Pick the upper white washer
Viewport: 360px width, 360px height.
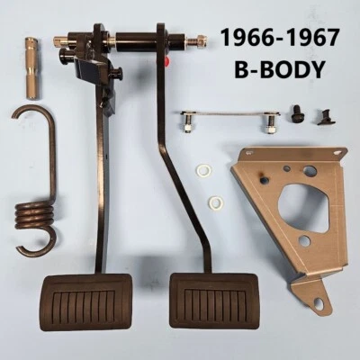click(x=204, y=170)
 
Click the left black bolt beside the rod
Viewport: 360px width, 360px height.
click(x=301, y=114)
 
